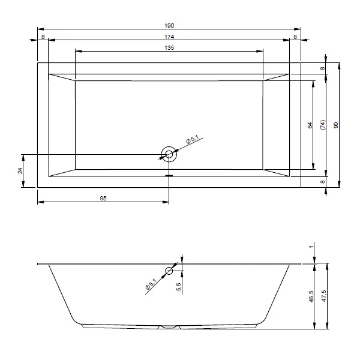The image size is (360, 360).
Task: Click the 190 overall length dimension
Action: pyautogui.click(x=169, y=25)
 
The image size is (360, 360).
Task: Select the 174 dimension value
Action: pyautogui.click(x=169, y=37)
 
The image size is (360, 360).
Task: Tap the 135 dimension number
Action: pyautogui.click(x=169, y=48)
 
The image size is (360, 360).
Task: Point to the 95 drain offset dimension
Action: pyautogui.click(x=103, y=198)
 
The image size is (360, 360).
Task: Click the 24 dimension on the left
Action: pyautogui.click(x=20, y=171)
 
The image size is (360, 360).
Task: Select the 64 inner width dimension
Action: pyautogui.click(x=310, y=125)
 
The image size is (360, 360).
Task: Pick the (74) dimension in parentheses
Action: pyautogui.click(x=323, y=125)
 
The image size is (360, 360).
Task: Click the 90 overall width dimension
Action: pyautogui.click(x=335, y=125)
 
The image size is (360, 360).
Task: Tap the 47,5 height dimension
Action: pyautogui.click(x=324, y=296)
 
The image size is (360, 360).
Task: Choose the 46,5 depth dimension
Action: pyautogui.click(x=311, y=296)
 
